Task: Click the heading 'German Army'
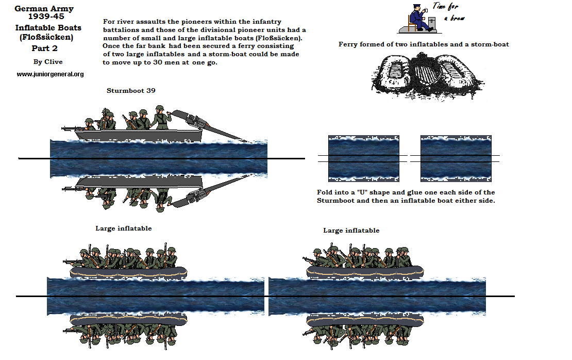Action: [44, 9]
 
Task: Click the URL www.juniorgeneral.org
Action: [50, 74]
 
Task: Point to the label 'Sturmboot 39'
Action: [131, 90]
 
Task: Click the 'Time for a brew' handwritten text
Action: [447, 12]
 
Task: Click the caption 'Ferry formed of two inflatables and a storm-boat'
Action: [424, 44]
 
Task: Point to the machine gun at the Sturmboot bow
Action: [73, 127]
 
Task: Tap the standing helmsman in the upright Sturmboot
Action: [161, 119]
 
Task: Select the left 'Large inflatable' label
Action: [124, 228]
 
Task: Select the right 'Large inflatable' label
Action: [351, 230]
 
